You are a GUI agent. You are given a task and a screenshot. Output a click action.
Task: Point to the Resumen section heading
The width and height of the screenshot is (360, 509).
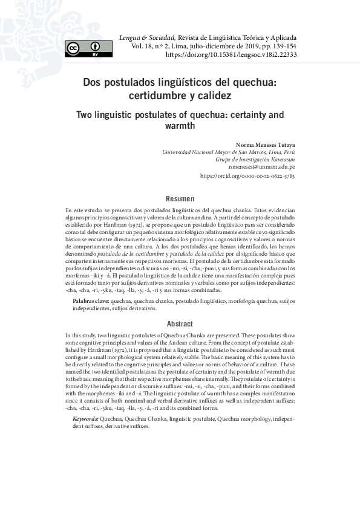[x=180, y=198]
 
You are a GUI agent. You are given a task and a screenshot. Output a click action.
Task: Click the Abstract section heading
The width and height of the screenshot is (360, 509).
[x=180, y=323]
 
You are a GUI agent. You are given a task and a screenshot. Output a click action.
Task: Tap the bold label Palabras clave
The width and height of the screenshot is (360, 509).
[x=90, y=300]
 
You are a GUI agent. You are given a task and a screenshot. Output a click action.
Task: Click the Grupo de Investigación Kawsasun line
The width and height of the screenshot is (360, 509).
[x=255, y=159]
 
